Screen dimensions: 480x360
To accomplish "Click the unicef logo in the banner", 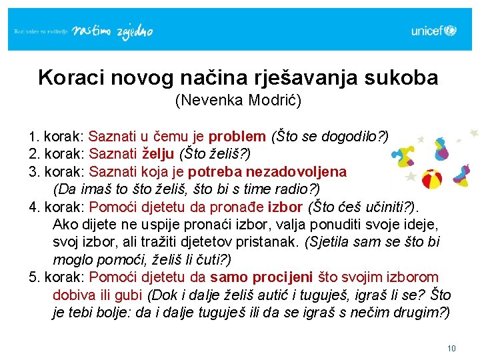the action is pyautogui.click(x=434, y=31).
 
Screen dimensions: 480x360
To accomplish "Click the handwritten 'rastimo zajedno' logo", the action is pyautogui.click(x=112, y=32).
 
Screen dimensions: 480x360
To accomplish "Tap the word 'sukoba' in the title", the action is pyautogui.click(x=401, y=77).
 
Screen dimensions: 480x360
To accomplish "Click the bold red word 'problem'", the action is pyautogui.click(x=237, y=137).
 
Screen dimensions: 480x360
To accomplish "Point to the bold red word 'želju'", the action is pyautogui.click(x=158, y=154).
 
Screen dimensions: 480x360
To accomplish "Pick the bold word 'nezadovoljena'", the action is pyautogui.click(x=296, y=172).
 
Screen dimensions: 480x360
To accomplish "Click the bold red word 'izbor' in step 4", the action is pyautogui.click(x=285, y=207).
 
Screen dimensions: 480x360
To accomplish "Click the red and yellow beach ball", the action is pyautogui.click(x=432, y=179).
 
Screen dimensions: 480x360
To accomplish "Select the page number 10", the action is pyautogui.click(x=451, y=349).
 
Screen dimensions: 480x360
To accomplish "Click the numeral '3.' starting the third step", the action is pyautogui.click(x=34, y=172).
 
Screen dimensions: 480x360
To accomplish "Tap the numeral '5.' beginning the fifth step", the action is pyautogui.click(x=34, y=277).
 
